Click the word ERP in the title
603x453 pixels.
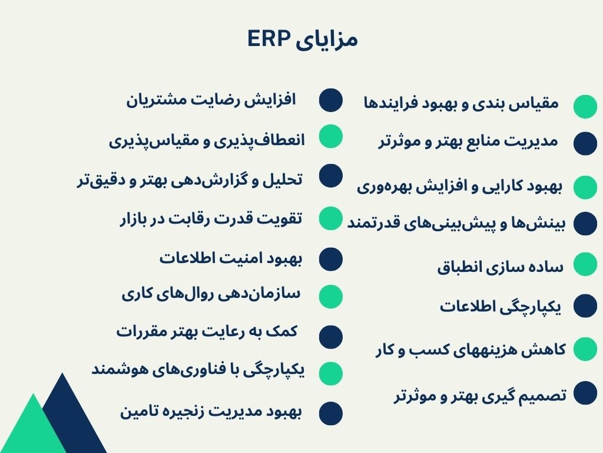tap(269, 39)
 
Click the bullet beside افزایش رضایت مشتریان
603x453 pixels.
tap(331, 100)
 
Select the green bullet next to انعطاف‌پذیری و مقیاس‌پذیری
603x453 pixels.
tap(331, 136)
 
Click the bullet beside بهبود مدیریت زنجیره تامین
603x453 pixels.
tap(331, 413)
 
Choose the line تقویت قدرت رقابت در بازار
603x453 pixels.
tap(210, 219)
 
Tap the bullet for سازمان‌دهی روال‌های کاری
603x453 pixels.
tap(331, 296)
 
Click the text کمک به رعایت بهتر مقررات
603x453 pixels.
tap(207, 331)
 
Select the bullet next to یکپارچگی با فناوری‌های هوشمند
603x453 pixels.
tap(331, 373)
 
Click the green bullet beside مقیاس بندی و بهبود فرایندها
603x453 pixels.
tap(585, 106)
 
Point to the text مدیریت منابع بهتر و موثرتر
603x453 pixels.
tap(467, 142)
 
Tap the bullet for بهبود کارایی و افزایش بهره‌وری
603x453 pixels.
tap(585, 187)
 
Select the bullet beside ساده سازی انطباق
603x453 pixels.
tap(585, 264)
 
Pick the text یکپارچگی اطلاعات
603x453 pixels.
tap(501, 307)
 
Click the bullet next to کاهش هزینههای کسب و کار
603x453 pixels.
tap(585, 348)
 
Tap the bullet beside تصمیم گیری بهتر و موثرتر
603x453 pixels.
tap(585, 393)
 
